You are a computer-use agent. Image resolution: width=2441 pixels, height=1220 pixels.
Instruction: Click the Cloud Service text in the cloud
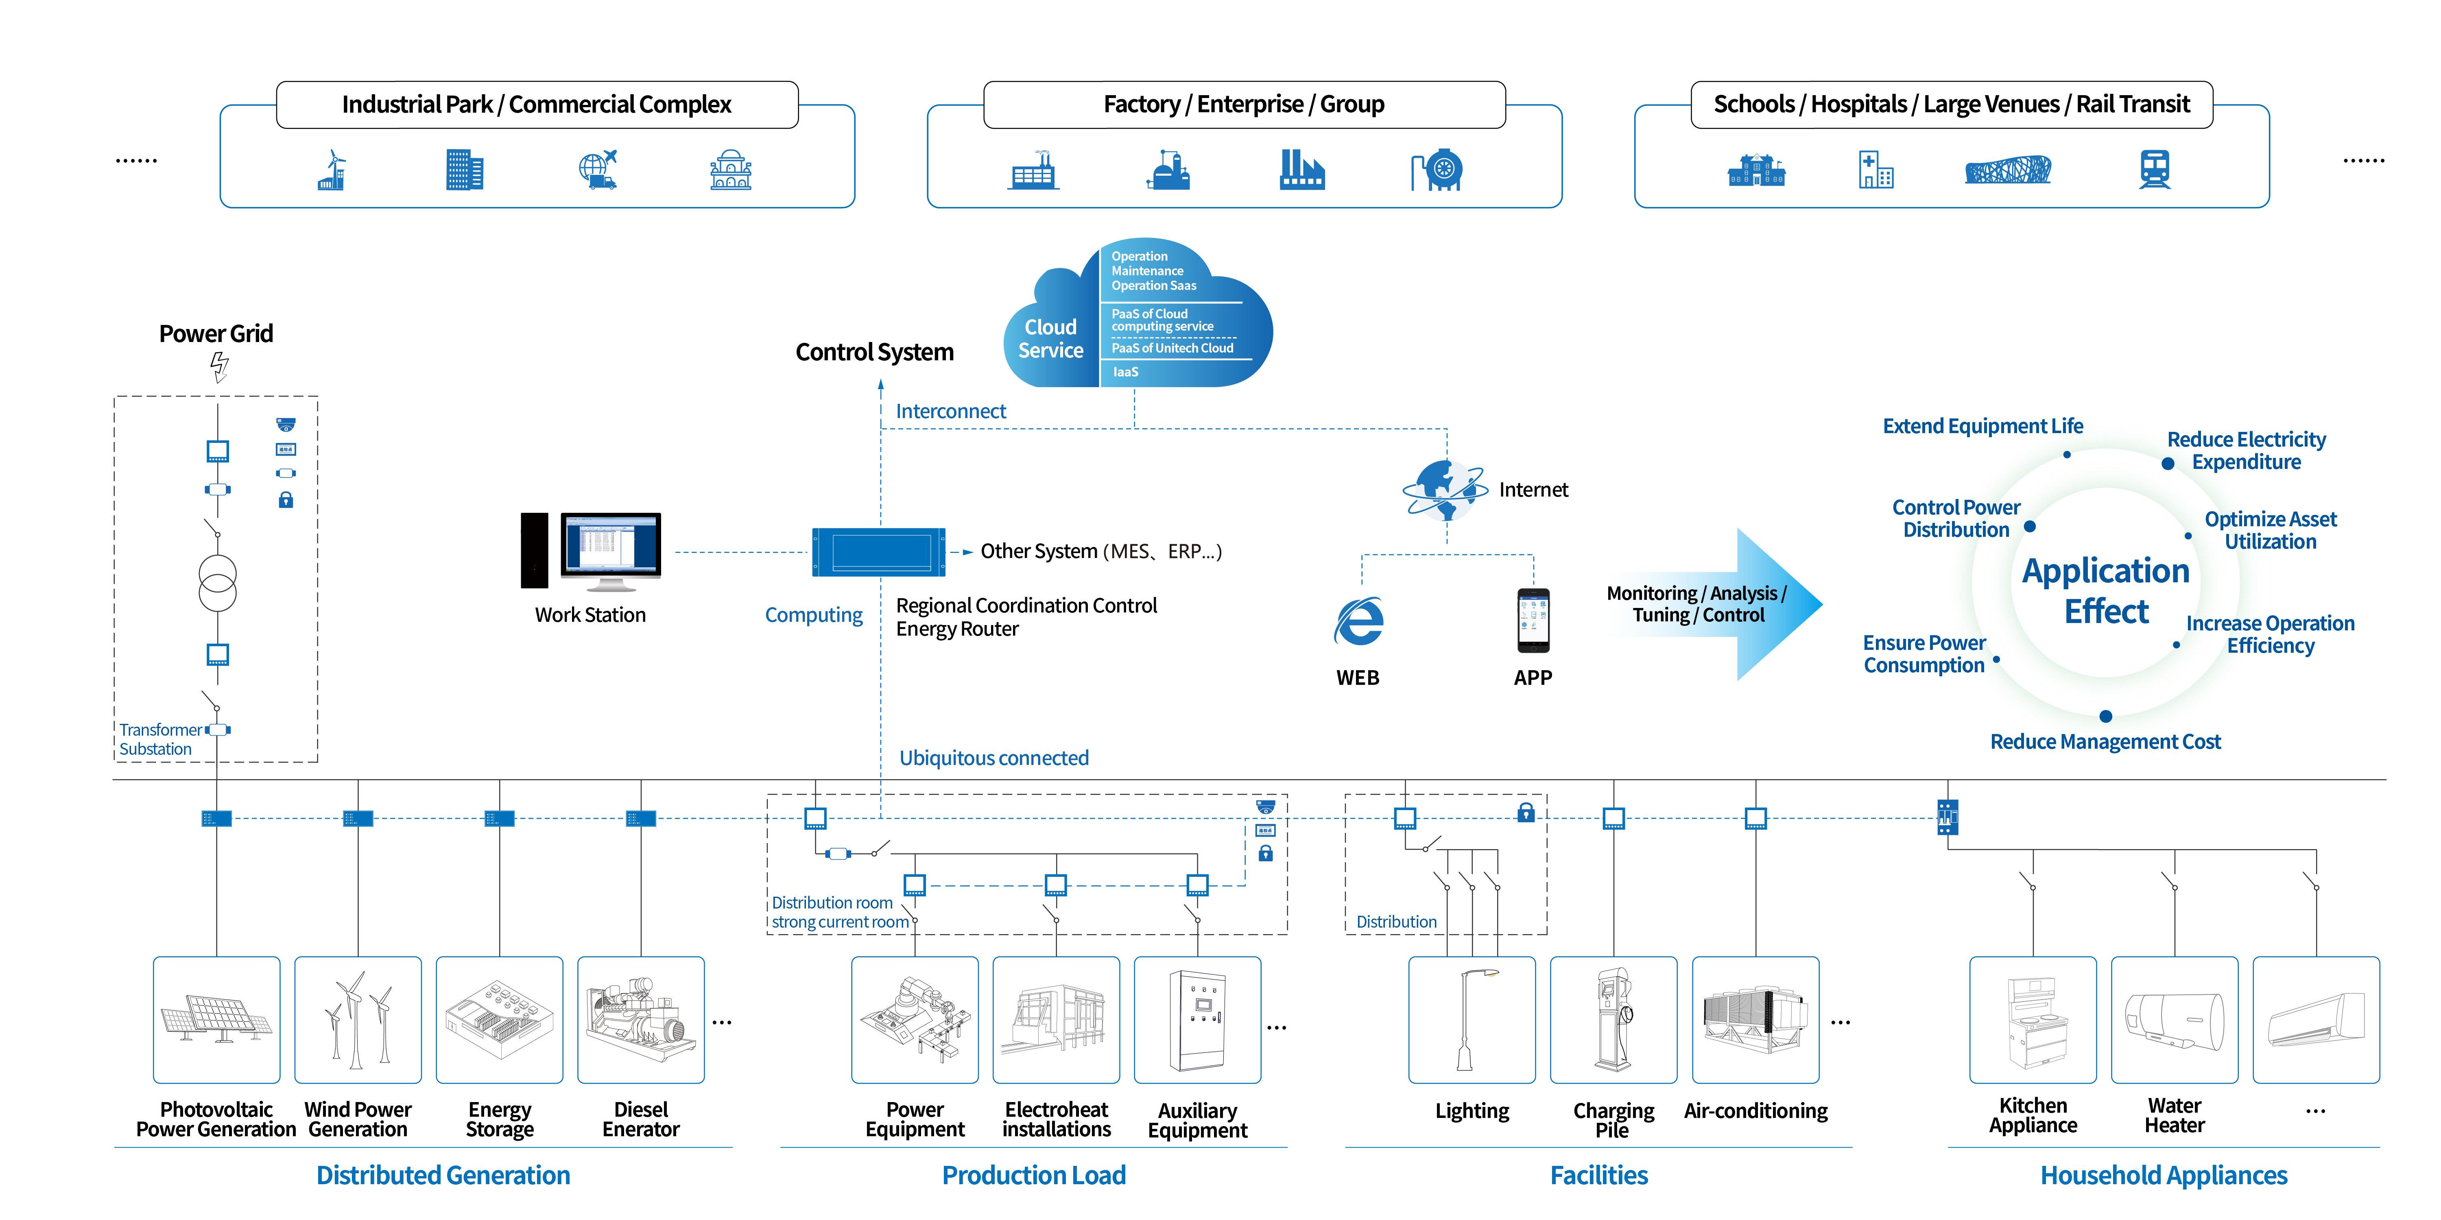pyautogui.click(x=1050, y=338)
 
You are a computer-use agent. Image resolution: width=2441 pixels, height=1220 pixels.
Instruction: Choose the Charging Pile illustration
pyautogui.click(x=1613, y=1019)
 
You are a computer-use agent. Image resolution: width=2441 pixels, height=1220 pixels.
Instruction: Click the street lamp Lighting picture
pyautogui.click(x=1472, y=1019)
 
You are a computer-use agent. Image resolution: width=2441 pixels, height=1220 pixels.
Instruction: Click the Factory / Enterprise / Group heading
pyautogui.click(x=1243, y=104)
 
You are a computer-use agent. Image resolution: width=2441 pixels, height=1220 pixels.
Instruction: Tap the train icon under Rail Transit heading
pyautogui.click(x=2154, y=170)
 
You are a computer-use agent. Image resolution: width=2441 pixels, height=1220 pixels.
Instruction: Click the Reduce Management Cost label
pyautogui.click(x=2105, y=742)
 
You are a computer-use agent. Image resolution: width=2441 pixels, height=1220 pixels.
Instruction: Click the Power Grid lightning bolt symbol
pyautogui.click(x=219, y=366)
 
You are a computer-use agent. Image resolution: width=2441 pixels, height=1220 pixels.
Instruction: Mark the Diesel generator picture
pyautogui.click(x=641, y=1019)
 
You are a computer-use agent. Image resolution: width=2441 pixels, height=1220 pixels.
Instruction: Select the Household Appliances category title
pyautogui.click(x=2164, y=1176)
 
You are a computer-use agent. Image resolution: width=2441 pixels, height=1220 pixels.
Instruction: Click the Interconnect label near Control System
pyautogui.click(x=950, y=411)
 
